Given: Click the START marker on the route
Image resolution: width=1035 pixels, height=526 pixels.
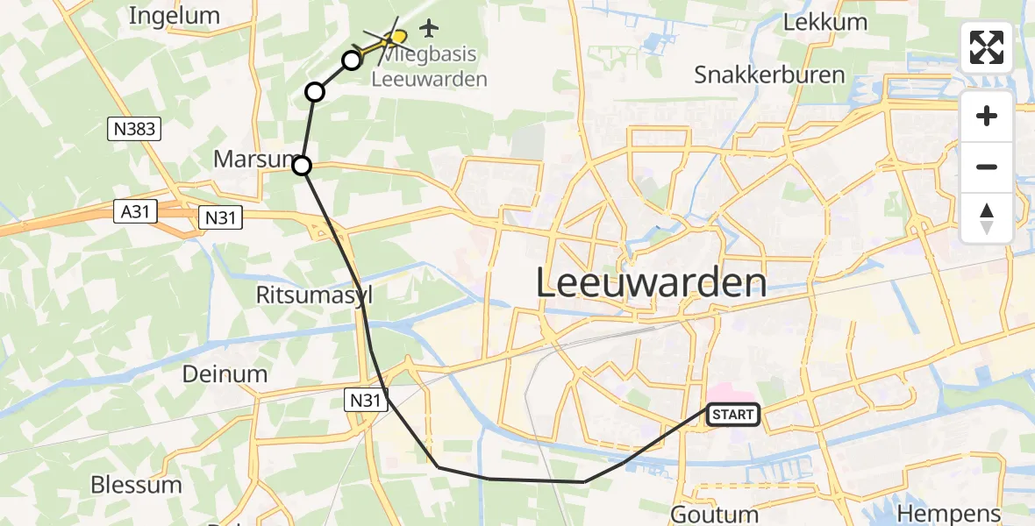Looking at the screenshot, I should pyautogui.click(x=732, y=414).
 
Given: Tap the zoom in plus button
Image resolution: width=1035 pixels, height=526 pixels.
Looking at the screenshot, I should pyautogui.click(x=987, y=116).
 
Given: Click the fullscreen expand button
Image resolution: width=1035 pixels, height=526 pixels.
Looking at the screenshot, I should pyautogui.click(x=987, y=47).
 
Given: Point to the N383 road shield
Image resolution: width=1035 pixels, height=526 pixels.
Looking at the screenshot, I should pyautogui.click(x=134, y=130).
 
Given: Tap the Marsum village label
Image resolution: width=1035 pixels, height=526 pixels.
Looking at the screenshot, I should pyautogui.click(x=254, y=160).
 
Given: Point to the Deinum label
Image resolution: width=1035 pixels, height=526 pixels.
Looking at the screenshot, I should pyautogui.click(x=225, y=374).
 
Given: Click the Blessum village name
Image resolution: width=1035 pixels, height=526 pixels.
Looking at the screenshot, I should pyautogui.click(x=136, y=485).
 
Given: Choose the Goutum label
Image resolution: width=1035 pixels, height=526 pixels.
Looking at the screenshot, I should pyautogui.click(x=714, y=514).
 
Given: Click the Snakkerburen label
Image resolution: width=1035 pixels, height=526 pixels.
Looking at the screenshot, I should pyautogui.click(x=769, y=75).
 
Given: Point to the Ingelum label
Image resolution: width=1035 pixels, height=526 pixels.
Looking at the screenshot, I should pyautogui.click(x=174, y=16).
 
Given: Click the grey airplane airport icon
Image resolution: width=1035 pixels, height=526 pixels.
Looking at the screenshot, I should pyautogui.click(x=429, y=28).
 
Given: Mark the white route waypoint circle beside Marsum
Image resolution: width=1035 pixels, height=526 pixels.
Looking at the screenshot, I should pyautogui.click(x=302, y=165).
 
